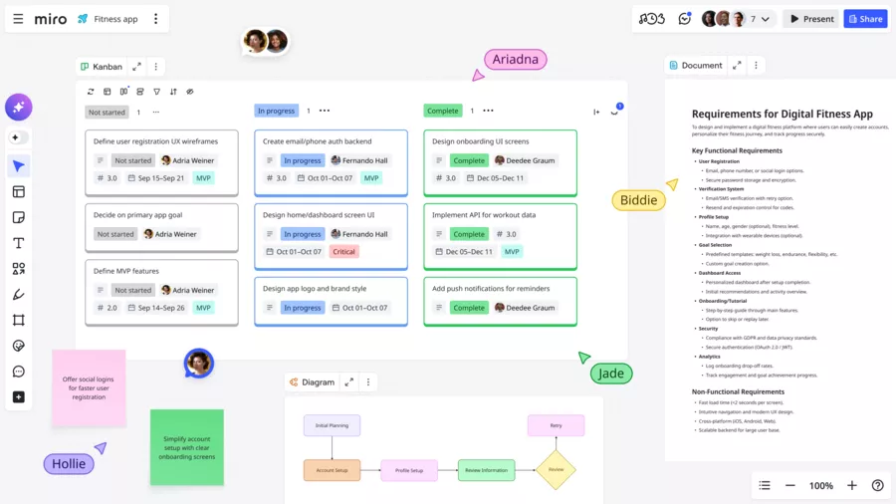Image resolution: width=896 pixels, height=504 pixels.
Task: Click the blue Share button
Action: click(865, 19)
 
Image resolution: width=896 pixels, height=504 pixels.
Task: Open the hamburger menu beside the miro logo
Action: click(18, 19)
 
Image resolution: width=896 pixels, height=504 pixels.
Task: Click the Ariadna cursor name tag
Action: click(516, 60)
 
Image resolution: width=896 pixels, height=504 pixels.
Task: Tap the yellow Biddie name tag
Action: click(638, 200)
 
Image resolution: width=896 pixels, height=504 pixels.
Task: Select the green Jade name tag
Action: click(610, 374)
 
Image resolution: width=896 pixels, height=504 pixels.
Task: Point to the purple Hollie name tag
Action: click(68, 463)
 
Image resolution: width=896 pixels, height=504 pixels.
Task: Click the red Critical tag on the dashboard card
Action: click(343, 252)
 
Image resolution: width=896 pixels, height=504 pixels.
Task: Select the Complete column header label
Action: click(442, 112)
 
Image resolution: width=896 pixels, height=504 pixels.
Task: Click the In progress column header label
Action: click(276, 112)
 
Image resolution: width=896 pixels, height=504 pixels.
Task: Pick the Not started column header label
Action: click(107, 113)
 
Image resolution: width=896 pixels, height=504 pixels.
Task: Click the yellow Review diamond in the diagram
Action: click(556, 469)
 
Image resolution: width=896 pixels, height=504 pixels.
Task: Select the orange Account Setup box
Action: click(332, 470)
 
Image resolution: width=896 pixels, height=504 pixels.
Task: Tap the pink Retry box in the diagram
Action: click(556, 425)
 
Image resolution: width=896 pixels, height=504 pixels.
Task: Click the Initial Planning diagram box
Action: click(332, 425)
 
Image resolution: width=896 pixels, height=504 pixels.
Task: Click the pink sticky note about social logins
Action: click(89, 387)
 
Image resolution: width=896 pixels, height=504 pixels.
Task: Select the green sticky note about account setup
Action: click(186, 447)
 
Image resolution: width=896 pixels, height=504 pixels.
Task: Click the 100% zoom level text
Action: click(820, 486)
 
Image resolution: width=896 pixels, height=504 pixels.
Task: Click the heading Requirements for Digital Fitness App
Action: click(782, 115)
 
